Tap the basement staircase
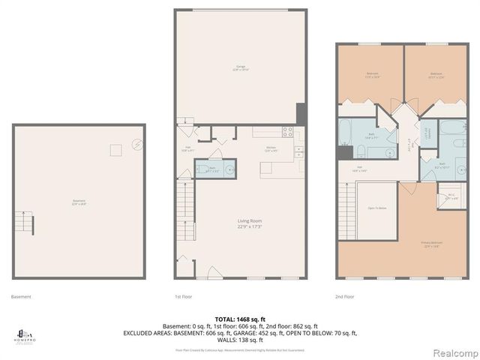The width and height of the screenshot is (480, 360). [26, 223]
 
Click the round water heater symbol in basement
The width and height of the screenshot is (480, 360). [136, 145]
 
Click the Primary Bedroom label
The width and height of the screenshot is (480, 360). [430, 244]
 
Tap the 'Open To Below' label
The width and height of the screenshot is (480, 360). [356, 208]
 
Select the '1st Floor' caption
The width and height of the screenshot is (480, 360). [183, 297]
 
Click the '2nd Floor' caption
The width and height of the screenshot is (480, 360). [345, 297]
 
